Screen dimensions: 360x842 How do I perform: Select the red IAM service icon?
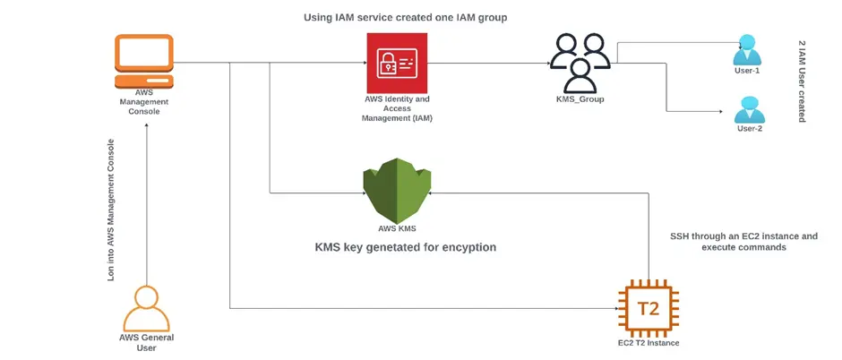click(397, 63)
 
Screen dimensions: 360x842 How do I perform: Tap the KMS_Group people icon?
click(580, 63)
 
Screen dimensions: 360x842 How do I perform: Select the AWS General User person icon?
click(146, 307)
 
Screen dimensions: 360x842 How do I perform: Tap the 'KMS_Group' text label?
click(580, 99)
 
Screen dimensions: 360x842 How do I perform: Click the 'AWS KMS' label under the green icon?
click(397, 228)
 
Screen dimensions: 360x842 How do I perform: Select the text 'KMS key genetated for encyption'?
click(405, 247)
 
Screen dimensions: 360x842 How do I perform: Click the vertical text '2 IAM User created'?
click(801, 81)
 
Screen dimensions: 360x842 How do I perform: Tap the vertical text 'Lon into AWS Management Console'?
click(111, 210)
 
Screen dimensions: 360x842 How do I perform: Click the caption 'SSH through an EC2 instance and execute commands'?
click(743, 242)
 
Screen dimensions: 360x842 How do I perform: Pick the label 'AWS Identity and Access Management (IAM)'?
click(397, 108)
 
